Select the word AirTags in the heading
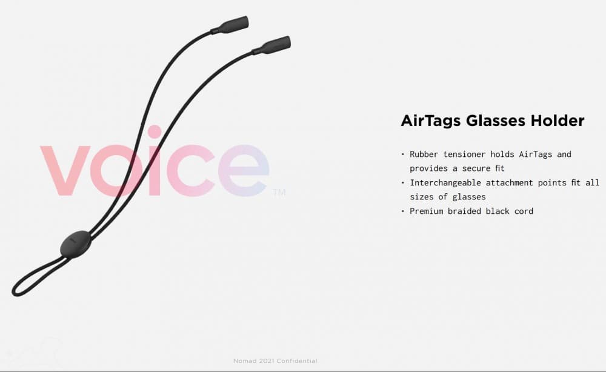430,121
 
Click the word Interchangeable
445,183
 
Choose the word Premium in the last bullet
427,211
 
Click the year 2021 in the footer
265,361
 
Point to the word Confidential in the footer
297,361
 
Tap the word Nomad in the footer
244,361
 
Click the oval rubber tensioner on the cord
76,244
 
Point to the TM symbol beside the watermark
279,193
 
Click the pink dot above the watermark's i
155,132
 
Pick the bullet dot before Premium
403,211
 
